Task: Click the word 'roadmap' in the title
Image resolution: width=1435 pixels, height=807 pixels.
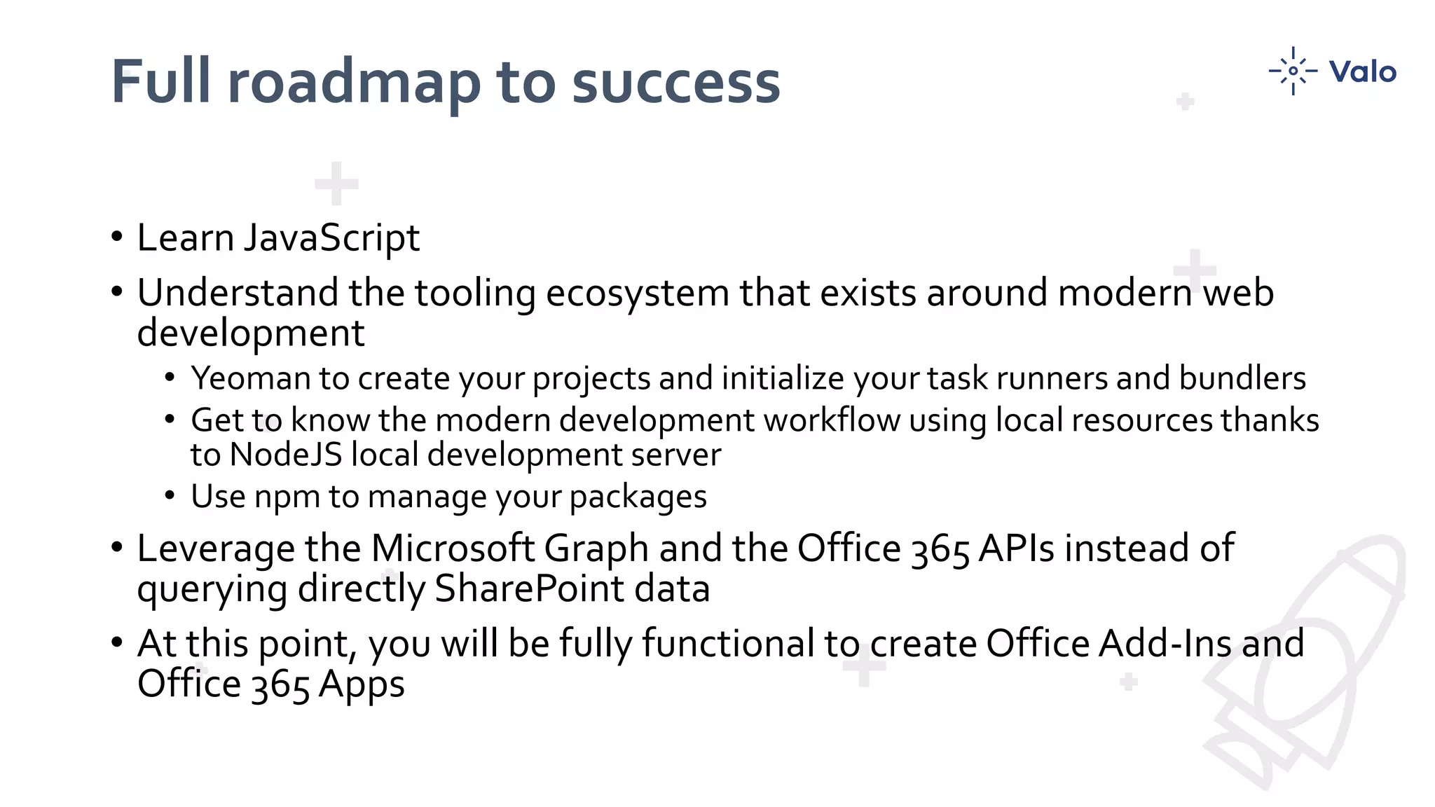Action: [353, 82]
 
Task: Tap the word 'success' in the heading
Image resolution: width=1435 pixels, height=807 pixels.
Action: [675, 82]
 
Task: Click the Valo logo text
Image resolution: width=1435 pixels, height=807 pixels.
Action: [1362, 71]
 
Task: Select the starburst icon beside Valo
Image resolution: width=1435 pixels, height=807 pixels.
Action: [1293, 71]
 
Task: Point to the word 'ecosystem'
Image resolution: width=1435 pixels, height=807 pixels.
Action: [637, 293]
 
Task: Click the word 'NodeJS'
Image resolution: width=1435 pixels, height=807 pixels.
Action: [285, 455]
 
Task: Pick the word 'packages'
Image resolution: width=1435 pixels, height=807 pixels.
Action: [638, 497]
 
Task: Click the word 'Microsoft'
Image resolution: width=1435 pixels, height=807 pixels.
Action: [453, 548]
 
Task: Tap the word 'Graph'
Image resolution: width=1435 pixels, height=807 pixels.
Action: [596, 549]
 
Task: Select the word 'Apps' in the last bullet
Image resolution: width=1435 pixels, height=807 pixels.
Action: [362, 684]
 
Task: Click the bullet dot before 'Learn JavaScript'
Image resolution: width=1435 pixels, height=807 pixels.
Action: [117, 236]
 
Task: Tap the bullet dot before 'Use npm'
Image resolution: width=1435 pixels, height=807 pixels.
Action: [170, 495]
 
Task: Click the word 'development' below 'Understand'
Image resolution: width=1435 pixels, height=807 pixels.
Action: [251, 333]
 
